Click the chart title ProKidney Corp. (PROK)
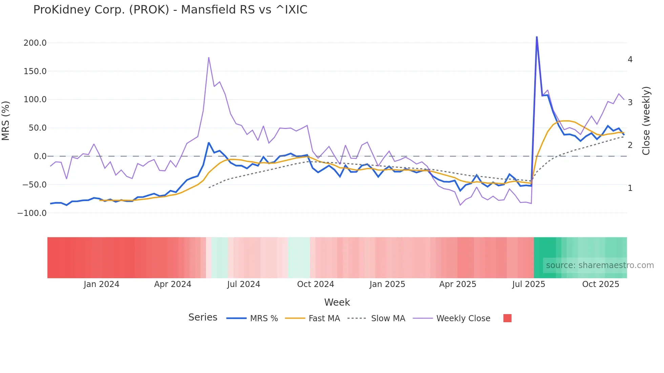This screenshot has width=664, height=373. point(170,10)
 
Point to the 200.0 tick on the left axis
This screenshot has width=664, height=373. point(35,43)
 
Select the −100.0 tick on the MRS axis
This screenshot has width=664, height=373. point(32,213)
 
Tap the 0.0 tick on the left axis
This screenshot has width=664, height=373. point(40,156)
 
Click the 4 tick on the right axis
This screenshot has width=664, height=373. point(630,60)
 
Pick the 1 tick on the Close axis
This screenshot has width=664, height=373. point(630,188)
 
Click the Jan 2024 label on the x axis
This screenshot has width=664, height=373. point(101,284)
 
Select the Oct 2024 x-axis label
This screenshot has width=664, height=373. point(315,284)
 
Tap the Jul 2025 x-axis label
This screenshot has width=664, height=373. point(528,284)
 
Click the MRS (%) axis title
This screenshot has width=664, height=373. point(6,121)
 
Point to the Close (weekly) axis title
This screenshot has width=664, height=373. point(646,121)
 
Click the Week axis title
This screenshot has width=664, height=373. point(337,302)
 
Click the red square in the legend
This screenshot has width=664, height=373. point(507,318)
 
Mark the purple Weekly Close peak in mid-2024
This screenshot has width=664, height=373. point(209,58)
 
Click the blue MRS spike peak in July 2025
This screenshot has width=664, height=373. point(537,37)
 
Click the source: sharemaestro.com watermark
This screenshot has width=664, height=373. point(600,265)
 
